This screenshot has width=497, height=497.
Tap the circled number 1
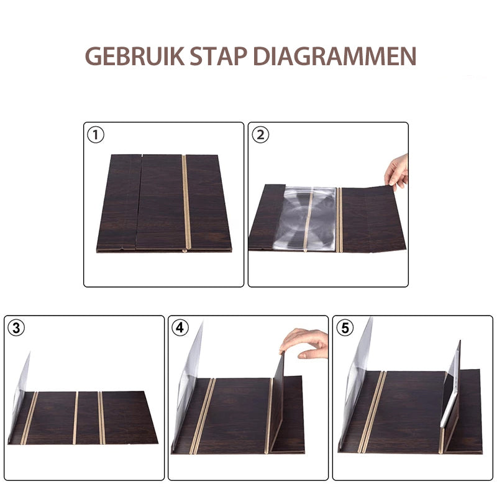[x=96, y=134]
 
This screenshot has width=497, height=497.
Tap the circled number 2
[x=260, y=134]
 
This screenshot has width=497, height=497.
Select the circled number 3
[x=17, y=328]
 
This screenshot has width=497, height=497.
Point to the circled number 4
[x=181, y=328]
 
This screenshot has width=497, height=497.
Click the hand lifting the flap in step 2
[x=397, y=171]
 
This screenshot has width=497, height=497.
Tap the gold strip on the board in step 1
[x=185, y=202]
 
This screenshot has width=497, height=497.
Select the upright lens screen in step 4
[x=189, y=379]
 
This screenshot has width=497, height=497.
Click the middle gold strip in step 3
[x=75, y=417]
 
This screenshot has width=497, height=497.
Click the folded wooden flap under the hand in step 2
[x=373, y=217]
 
